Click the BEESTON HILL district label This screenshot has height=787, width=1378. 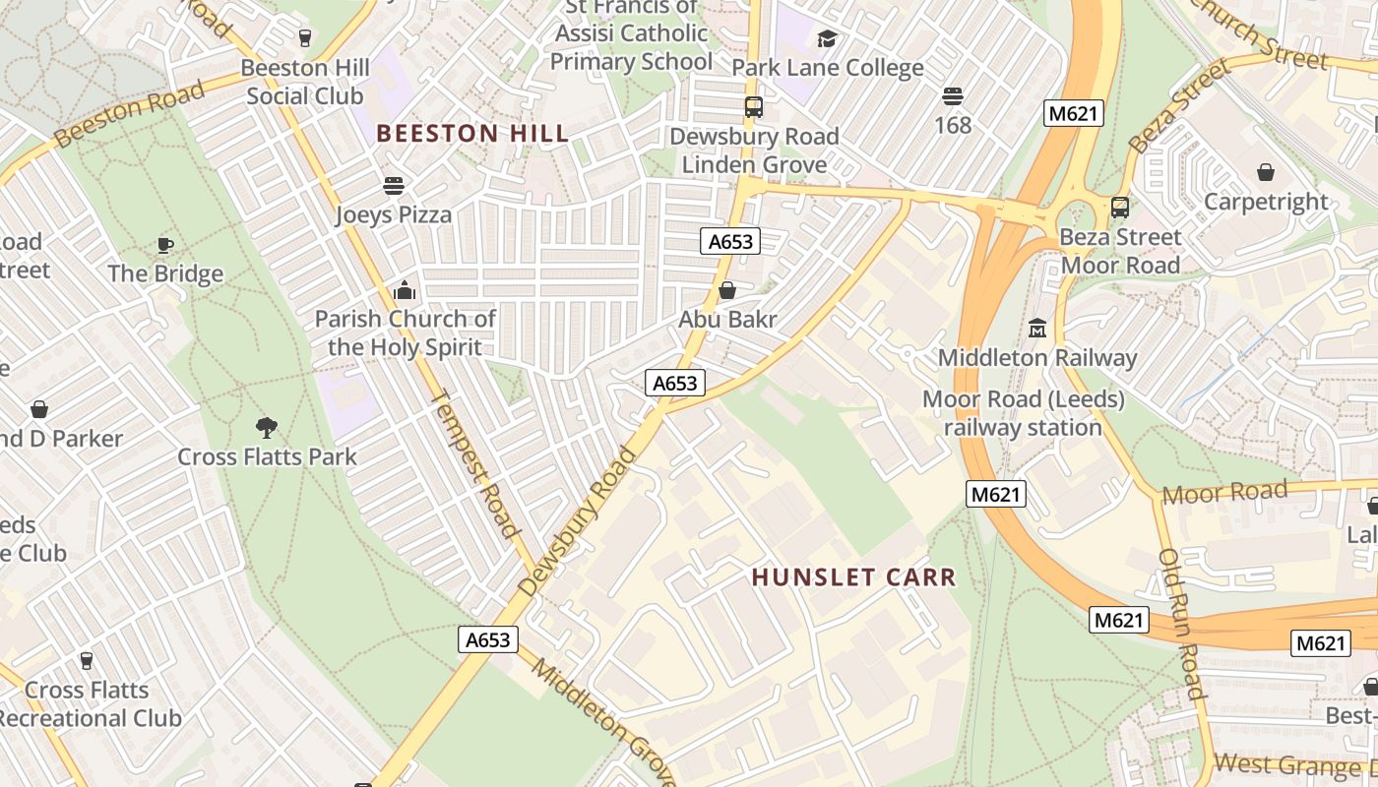pyautogui.click(x=472, y=134)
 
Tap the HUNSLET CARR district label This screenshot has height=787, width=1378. pyautogui.click(x=853, y=577)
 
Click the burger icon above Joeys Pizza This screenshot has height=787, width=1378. pyautogui.click(x=394, y=186)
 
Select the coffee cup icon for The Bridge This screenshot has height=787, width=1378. pyautogui.click(x=165, y=245)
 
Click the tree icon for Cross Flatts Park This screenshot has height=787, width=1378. pyautogui.click(x=266, y=427)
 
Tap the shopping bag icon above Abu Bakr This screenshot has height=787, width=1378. pyautogui.click(x=727, y=290)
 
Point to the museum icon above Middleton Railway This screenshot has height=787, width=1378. pyautogui.click(x=1036, y=328)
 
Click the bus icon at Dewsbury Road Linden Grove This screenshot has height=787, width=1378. pyautogui.click(x=754, y=107)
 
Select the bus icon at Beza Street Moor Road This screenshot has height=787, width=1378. pyautogui.click(x=1119, y=208)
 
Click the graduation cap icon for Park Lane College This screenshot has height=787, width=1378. pyautogui.click(x=827, y=38)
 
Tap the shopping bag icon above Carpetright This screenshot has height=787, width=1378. pyautogui.click(x=1266, y=172)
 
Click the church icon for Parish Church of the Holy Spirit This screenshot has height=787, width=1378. pyautogui.click(x=405, y=290)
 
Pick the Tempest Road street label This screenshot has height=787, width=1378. pyautogui.click(x=476, y=463)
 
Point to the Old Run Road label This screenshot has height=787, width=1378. pyautogui.click(x=1181, y=623)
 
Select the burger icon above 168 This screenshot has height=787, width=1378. pyautogui.click(x=952, y=96)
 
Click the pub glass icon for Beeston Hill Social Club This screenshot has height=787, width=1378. pyautogui.click(x=305, y=38)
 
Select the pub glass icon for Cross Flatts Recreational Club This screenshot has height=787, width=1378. pyautogui.click(x=87, y=660)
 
